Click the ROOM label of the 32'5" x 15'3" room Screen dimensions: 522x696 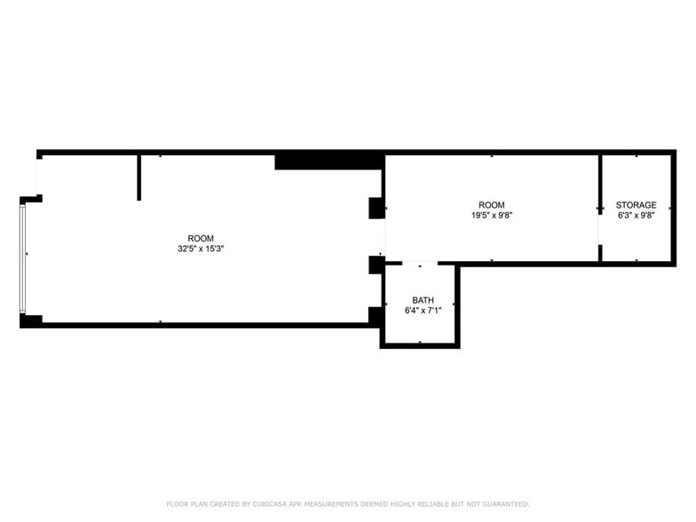pos(201,238)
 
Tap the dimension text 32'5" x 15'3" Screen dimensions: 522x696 pos(201,249)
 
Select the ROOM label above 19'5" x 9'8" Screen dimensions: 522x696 pos(491,205)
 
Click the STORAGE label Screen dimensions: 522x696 pos(636,205)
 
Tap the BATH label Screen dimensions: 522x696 pos(423,300)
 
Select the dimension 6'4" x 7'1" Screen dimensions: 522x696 pos(423,311)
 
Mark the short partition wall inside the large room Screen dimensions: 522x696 pos(139,178)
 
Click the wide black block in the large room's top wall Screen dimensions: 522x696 pos(328,161)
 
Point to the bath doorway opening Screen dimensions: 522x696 pos(420,263)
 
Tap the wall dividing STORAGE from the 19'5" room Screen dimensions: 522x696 pos(600,182)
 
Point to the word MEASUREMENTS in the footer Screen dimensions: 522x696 pos(334,503)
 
